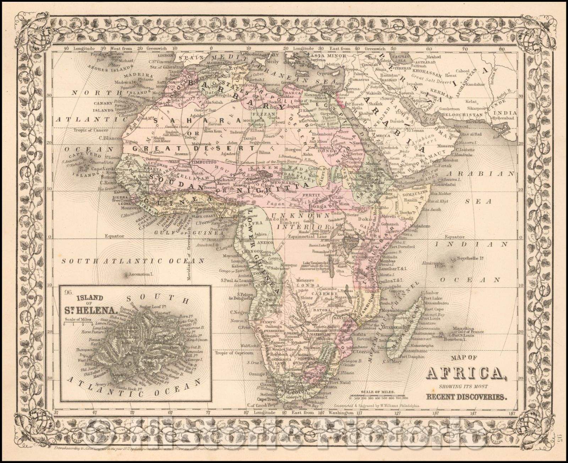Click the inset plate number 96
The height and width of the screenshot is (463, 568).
click(x=68, y=293)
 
